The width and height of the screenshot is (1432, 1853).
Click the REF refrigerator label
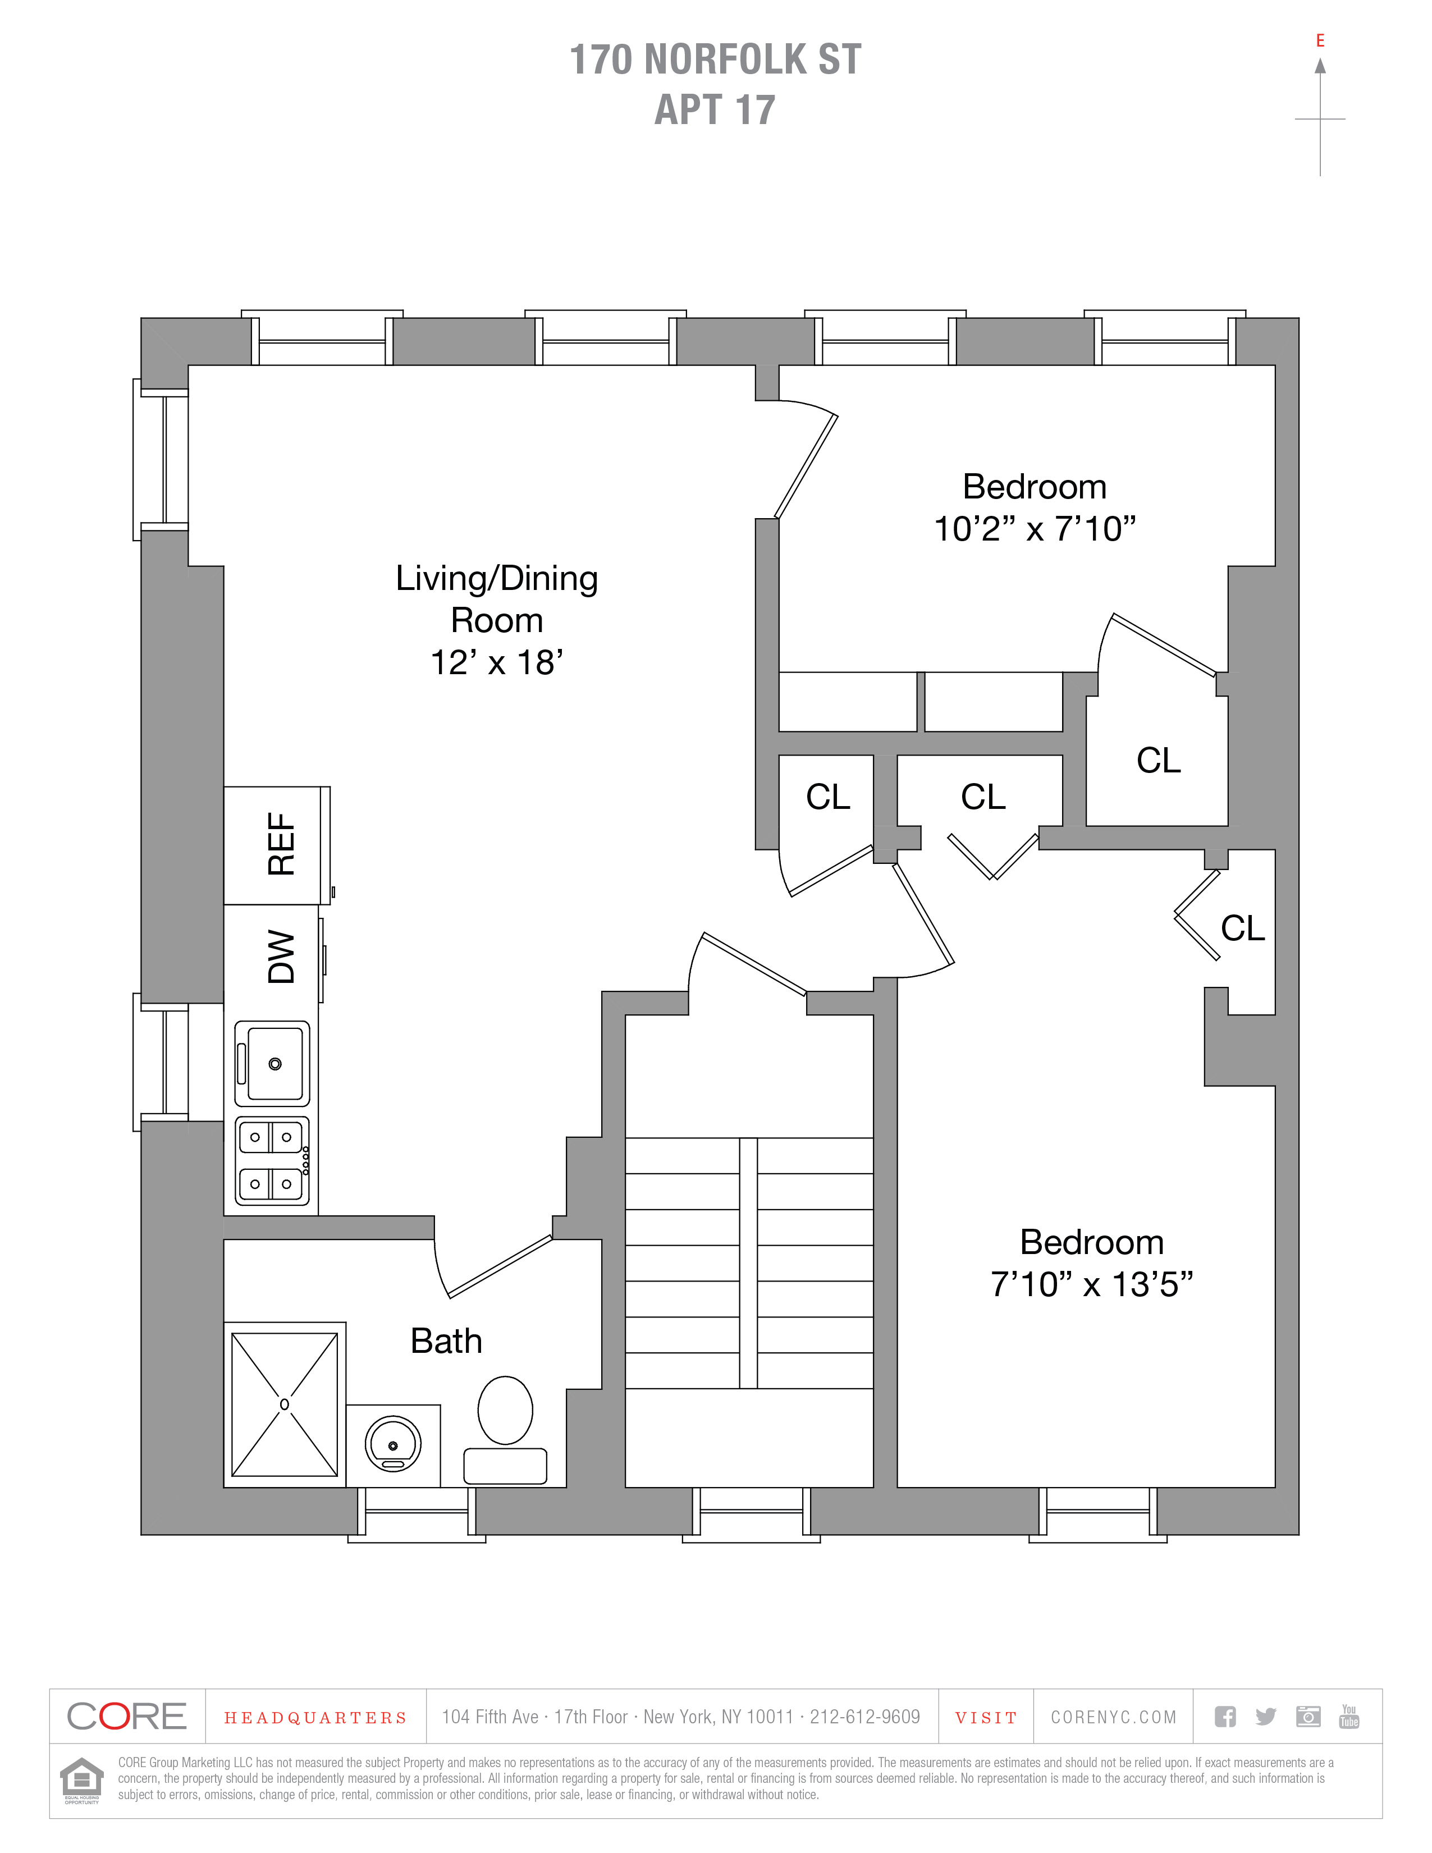pyautogui.click(x=281, y=844)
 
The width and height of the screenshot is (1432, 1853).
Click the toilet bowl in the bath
pyautogui.click(x=506, y=1410)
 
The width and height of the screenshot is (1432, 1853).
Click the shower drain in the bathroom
pyautogui.click(x=284, y=1404)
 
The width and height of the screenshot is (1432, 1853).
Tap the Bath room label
pyautogui.click(x=446, y=1342)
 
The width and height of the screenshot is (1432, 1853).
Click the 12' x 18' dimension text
pyautogui.click(x=497, y=662)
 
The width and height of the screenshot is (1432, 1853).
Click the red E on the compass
pyautogui.click(x=1320, y=41)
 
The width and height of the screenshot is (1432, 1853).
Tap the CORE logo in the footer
pyautogui.click(x=126, y=1717)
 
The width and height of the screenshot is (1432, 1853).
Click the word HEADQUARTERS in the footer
pyautogui.click(x=315, y=1718)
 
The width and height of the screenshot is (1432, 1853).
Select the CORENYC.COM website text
pyautogui.click(x=1114, y=1717)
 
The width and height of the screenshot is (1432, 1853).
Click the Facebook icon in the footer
pyautogui.click(x=1225, y=1717)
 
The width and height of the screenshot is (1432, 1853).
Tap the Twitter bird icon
pyautogui.click(x=1266, y=1717)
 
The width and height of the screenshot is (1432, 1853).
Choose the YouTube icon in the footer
pyautogui.click(x=1349, y=1717)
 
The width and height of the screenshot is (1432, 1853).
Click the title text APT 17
pyautogui.click(x=715, y=109)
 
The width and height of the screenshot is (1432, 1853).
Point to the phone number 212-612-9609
pyautogui.click(x=864, y=1717)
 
